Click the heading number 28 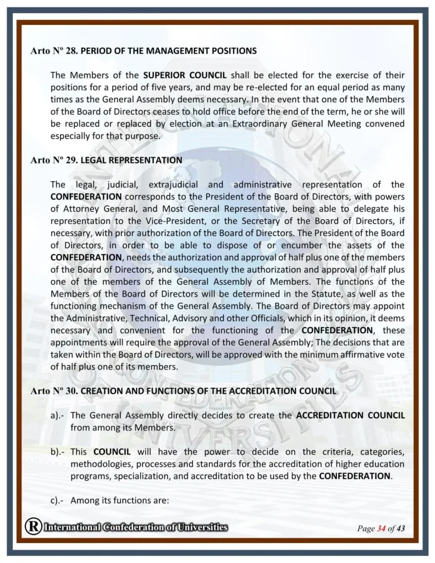point(71,51)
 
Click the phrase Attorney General point(96,209)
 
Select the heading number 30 point(71,391)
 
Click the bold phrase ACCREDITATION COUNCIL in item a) point(350,415)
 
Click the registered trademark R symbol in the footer point(33,527)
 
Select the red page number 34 point(381,529)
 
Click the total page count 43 point(400,529)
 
